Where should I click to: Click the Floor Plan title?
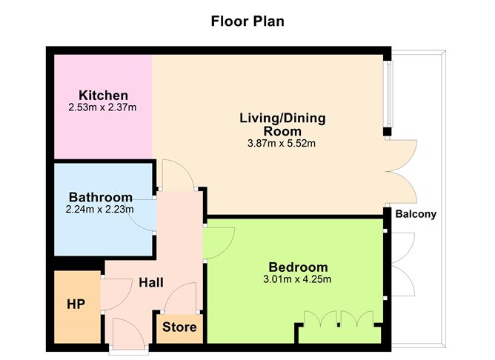coord(247,21)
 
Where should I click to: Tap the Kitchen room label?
coord(104,96)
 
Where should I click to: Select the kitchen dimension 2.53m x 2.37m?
coord(103,108)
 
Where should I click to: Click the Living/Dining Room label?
coord(282,124)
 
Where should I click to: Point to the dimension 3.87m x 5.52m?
coord(282,143)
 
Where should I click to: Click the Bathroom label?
coord(101,197)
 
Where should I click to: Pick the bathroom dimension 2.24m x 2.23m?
coord(100,209)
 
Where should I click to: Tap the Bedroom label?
coord(298,267)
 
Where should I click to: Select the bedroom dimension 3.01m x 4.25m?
coord(299,279)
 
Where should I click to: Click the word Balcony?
coord(416,215)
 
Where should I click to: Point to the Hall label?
coord(152,282)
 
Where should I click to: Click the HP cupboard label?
coord(76,304)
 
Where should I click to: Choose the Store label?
coord(180,327)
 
